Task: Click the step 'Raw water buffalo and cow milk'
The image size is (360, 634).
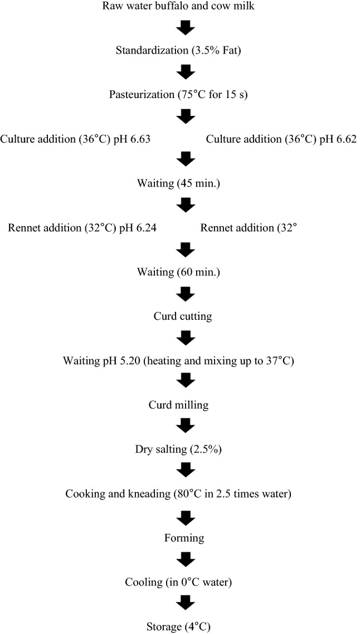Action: [x=185, y=6]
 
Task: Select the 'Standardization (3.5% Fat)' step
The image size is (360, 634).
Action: [x=185, y=50]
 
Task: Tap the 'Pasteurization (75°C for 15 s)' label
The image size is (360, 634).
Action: [x=185, y=94]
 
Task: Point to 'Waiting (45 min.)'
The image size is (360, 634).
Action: [x=185, y=182]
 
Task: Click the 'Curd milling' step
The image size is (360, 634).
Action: [x=185, y=405]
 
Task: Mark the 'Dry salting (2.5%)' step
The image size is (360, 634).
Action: [x=185, y=449]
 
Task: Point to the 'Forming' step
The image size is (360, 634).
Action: [x=185, y=538]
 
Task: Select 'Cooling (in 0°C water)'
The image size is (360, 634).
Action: [x=185, y=583]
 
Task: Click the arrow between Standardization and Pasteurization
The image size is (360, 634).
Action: [x=185, y=72]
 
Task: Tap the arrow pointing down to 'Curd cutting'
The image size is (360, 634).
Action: [x=185, y=294]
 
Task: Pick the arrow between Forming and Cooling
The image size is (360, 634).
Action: [x=185, y=560]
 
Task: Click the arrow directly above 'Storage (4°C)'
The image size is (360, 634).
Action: [x=185, y=605]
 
